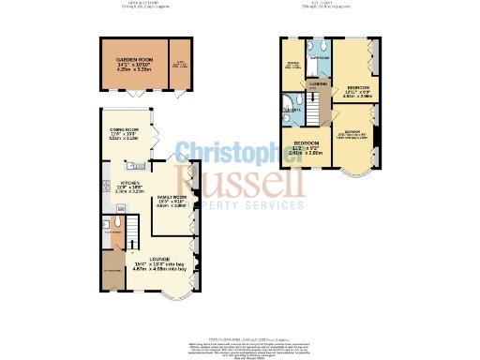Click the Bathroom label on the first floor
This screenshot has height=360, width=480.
click(x=321, y=58)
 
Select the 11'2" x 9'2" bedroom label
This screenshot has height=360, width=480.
click(x=302, y=147)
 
